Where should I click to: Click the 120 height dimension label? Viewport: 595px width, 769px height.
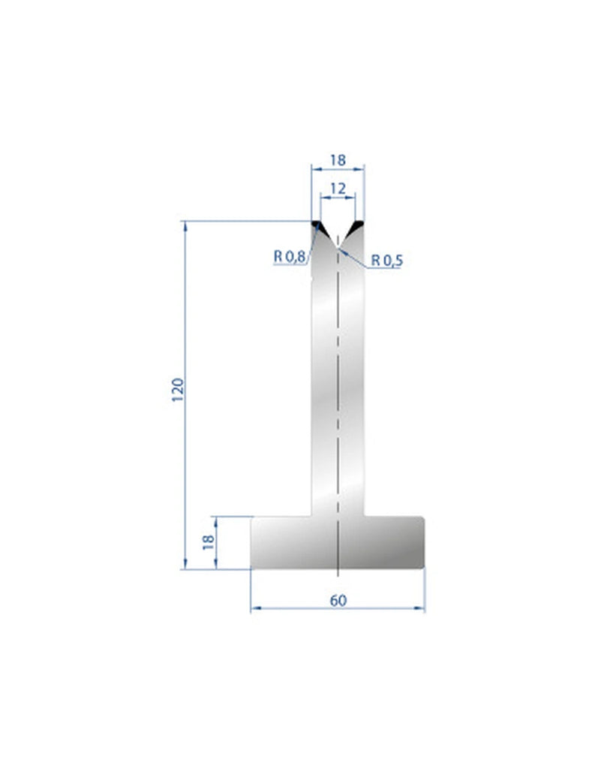point(178,391)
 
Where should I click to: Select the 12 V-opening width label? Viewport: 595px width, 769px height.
point(338,188)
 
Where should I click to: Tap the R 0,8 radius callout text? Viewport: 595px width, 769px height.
point(290,257)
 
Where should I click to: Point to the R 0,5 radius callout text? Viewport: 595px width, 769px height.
point(387,261)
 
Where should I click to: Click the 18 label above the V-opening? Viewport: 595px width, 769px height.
point(338,160)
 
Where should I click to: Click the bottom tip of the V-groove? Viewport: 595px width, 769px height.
point(338,247)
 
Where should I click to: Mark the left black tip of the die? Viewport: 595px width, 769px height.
point(317,225)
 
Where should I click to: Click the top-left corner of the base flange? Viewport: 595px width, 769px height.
point(251,517)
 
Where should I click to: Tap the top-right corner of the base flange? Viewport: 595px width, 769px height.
point(424,517)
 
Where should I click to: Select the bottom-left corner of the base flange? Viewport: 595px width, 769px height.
point(251,568)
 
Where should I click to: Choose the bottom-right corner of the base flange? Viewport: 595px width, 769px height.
point(424,568)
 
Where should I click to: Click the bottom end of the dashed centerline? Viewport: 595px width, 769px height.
point(338,576)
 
